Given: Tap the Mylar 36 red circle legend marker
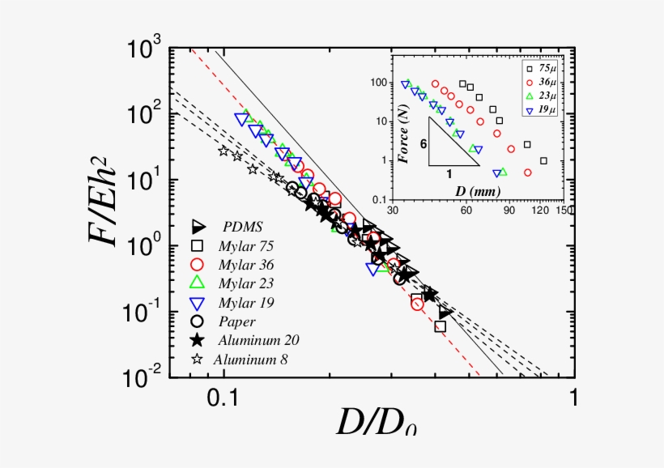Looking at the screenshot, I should [x=196, y=264].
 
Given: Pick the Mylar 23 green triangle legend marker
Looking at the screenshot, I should [x=196, y=283].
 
